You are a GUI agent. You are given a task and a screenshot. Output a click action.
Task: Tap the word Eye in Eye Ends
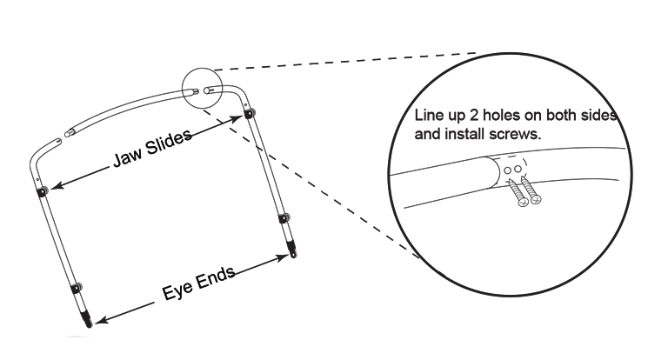point(177,291)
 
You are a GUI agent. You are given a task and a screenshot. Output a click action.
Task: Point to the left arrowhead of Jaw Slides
point(51,184)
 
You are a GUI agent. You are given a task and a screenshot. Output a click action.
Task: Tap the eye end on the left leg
point(87,322)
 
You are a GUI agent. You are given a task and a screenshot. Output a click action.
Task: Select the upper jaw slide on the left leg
point(42,191)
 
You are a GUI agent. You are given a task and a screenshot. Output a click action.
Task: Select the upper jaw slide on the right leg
point(250,114)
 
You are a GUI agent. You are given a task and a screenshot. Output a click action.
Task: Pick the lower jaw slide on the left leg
point(76,287)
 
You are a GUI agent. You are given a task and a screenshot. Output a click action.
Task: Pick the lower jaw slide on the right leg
point(284,216)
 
